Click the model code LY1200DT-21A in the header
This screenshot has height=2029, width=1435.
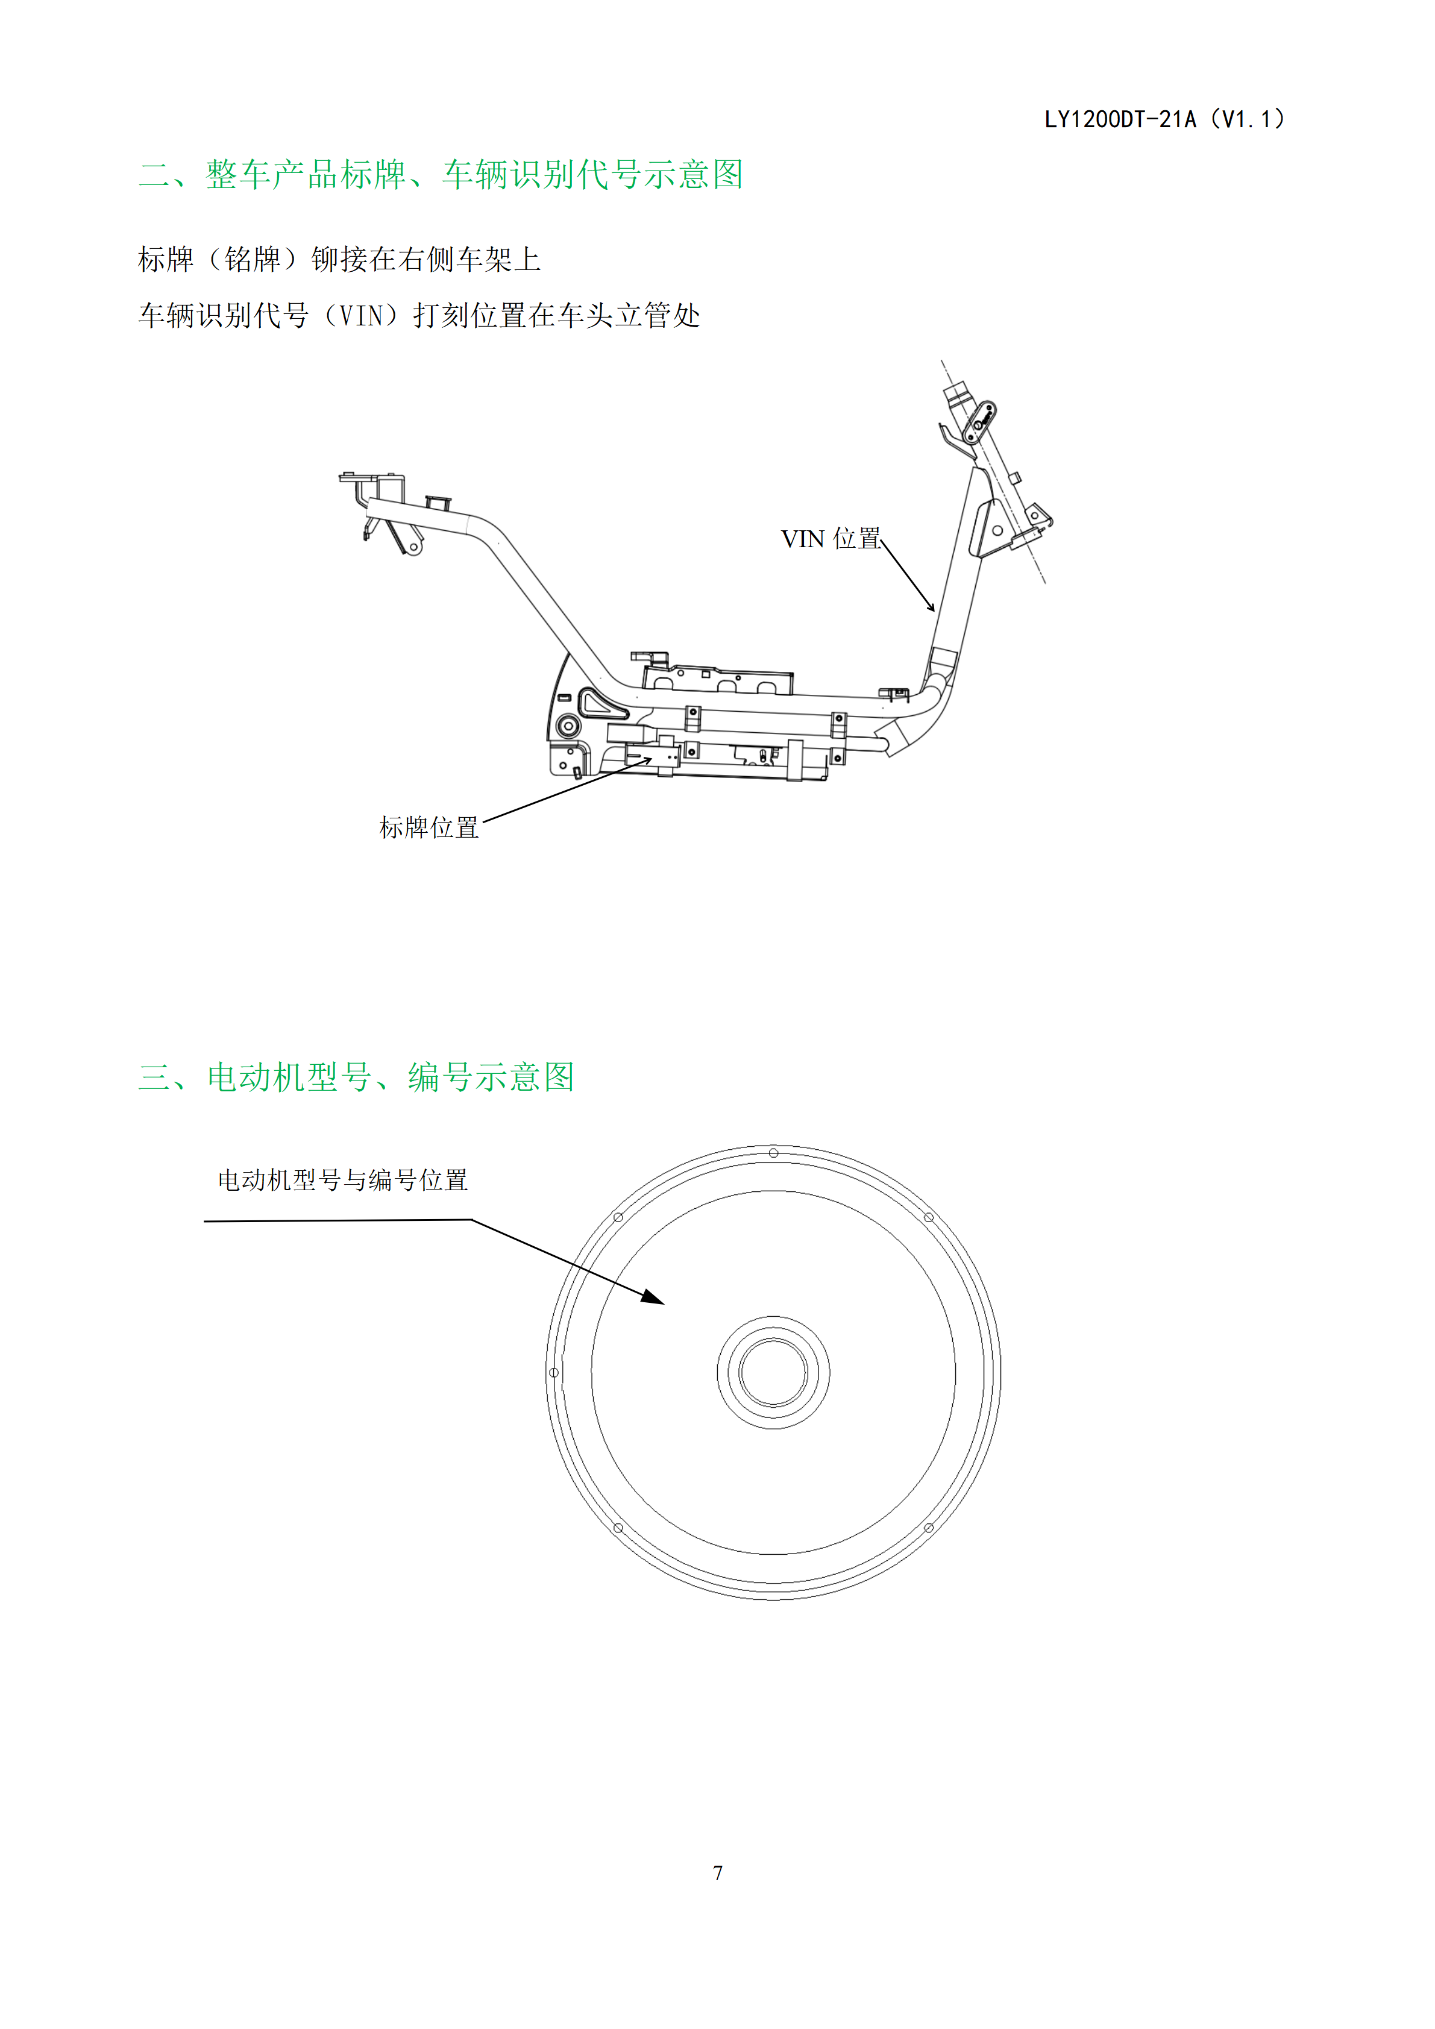[x=1120, y=119]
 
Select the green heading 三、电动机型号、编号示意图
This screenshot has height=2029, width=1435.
[x=357, y=1077]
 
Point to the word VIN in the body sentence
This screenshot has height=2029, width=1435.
[x=362, y=316]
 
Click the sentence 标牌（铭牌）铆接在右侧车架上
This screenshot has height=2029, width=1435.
[x=339, y=259]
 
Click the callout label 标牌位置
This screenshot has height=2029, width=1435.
[x=429, y=827]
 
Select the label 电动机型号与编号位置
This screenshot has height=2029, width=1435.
[x=343, y=1180]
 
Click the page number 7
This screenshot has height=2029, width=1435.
[x=717, y=1872]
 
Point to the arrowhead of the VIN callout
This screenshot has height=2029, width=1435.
[x=931, y=607]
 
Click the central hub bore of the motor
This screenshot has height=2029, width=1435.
[x=773, y=1372]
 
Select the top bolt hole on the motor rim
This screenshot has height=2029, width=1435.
[x=773, y=1152]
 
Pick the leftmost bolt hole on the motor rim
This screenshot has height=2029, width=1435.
[x=554, y=1372]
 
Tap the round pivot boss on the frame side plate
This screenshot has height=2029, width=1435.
[x=567, y=726]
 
